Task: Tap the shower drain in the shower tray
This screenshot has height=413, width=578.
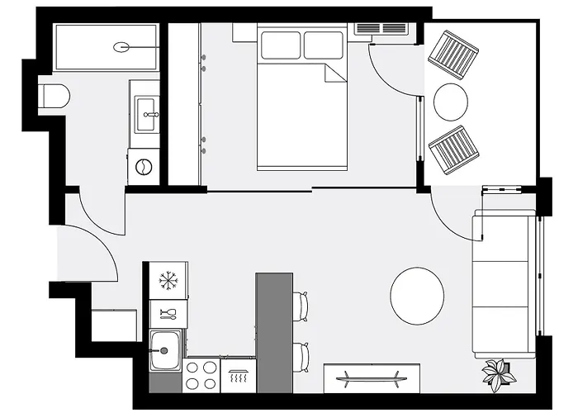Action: point(123,47)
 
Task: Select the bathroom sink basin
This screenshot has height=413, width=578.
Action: point(148,108)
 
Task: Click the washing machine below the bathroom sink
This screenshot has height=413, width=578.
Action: point(144,166)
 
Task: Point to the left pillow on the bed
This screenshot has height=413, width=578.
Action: point(281,45)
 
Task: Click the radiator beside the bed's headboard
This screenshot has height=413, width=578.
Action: point(381,29)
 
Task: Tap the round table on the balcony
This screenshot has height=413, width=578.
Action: point(451,102)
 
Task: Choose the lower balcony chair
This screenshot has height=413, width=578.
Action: point(454,151)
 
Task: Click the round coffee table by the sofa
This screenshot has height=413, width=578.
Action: point(417,296)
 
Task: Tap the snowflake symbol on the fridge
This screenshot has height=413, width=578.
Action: point(168,280)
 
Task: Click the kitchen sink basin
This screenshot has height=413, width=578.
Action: point(164,349)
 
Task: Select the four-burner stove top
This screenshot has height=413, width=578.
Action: point(201,374)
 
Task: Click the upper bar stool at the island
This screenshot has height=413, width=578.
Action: point(302,305)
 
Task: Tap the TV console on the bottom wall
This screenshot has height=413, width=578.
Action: point(372,378)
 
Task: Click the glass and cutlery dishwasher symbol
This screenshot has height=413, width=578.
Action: point(168,313)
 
